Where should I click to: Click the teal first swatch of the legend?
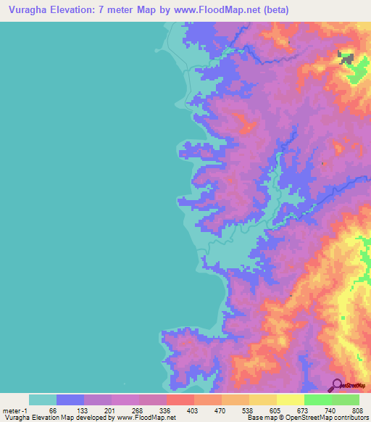42,400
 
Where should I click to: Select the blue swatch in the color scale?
70,400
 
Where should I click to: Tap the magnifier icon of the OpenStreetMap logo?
337,385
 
